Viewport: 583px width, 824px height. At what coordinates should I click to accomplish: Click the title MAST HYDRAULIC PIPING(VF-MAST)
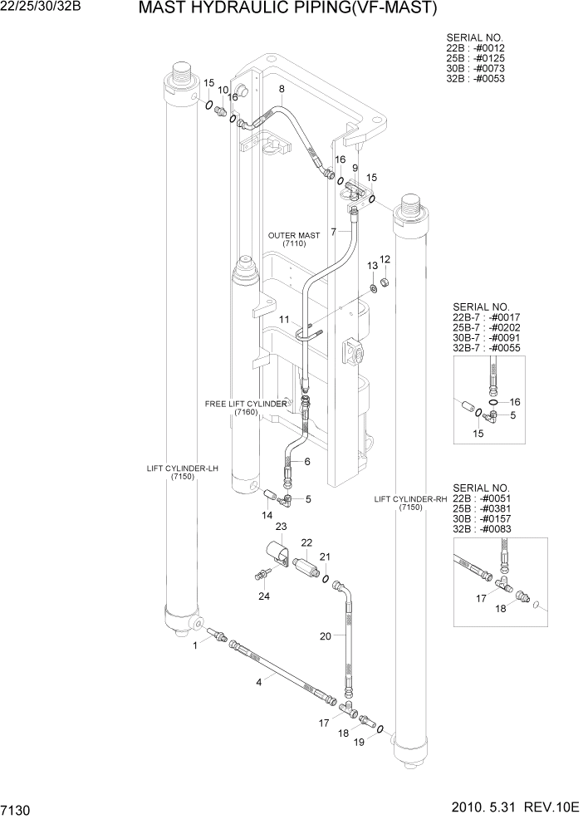click(287, 9)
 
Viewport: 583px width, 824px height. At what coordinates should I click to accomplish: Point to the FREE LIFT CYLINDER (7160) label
click(246, 408)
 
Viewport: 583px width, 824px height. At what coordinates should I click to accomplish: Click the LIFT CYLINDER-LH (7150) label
click(182, 473)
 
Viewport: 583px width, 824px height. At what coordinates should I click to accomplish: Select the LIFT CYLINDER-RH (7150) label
click(410, 503)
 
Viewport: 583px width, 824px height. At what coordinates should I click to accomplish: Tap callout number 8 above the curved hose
click(282, 89)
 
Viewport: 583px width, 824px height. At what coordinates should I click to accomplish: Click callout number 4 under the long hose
click(259, 682)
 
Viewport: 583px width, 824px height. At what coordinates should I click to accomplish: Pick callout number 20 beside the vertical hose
click(326, 636)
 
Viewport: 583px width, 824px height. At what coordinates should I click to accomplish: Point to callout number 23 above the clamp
click(281, 527)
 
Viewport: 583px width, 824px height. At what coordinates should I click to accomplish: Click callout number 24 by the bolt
click(264, 595)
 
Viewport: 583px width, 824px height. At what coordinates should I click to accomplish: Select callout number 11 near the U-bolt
click(283, 320)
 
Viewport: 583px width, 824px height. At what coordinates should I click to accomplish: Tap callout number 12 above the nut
click(385, 259)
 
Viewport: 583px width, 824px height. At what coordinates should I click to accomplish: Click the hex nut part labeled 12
click(386, 284)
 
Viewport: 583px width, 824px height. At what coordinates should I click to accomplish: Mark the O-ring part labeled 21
click(326, 578)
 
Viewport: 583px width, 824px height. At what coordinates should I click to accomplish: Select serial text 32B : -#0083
click(482, 529)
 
